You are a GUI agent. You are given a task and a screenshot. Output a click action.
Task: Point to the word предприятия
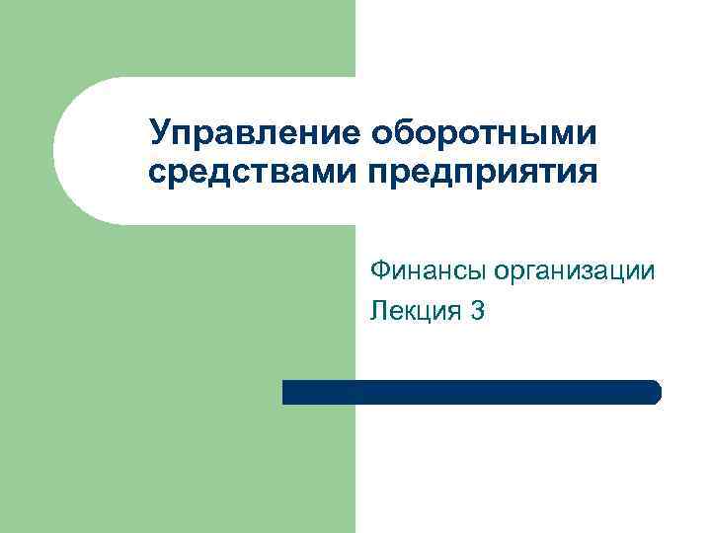[483, 175]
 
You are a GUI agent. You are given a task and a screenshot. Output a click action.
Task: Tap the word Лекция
[415, 312]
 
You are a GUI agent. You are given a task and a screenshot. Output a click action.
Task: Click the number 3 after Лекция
[478, 312]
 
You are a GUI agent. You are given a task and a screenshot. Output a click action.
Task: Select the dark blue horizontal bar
[471, 392]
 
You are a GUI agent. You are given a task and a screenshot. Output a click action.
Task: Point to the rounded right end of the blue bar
[655, 392]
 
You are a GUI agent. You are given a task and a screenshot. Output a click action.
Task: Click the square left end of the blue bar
[287, 392]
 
